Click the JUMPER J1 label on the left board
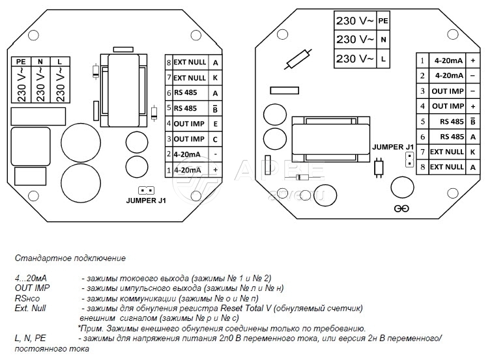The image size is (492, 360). click(146, 201)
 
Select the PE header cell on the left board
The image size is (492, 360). click(20, 61)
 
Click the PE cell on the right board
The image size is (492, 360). click(383, 20)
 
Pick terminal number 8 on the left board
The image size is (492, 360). click(169, 62)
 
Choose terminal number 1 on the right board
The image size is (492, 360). click(422, 61)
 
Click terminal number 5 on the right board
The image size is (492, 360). click(422, 122)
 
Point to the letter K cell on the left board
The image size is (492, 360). click(214, 77)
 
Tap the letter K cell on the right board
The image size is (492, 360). click(472, 152)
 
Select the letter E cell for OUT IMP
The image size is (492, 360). click(214, 124)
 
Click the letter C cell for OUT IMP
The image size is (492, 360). click(214, 139)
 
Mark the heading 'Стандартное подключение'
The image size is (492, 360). click(69, 258)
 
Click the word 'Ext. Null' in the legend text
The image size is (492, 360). click(29, 308)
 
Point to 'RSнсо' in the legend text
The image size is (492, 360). click(27, 298)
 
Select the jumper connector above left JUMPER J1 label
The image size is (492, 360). click(146, 191)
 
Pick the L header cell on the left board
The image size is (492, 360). click(60, 61)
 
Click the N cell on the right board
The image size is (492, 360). click(383, 39)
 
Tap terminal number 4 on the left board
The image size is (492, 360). click(169, 124)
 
